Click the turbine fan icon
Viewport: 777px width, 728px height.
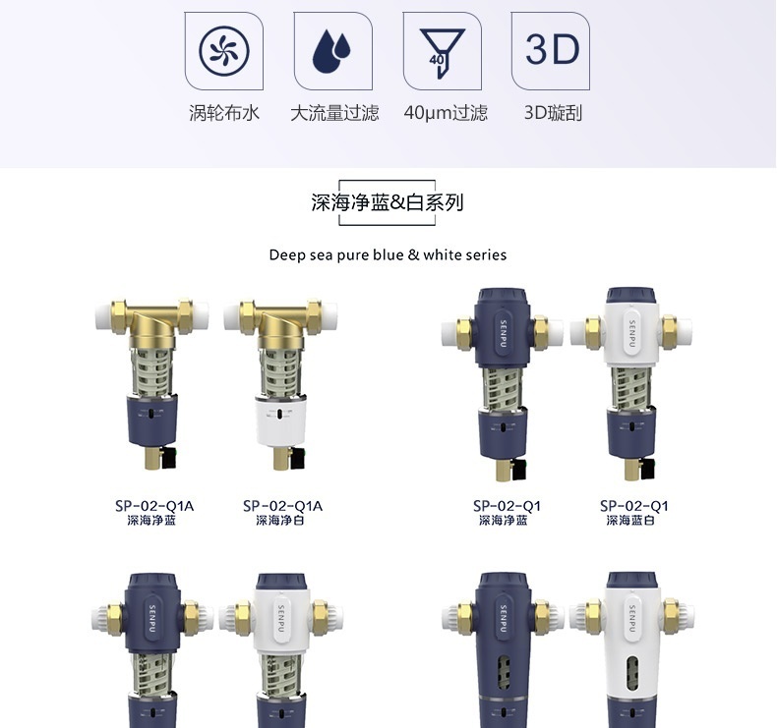click(x=224, y=50)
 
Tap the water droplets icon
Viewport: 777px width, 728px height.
click(x=333, y=50)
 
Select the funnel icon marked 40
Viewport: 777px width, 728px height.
click(x=442, y=50)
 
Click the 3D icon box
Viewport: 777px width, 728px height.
click(x=551, y=50)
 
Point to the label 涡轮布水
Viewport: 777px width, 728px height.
click(x=224, y=113)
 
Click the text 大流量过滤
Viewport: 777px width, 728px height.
click(x=333, y=113)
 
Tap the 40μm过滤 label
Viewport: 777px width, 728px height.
click(x=445, y=113)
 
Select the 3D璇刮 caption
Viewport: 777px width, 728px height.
click(x=553, y=113)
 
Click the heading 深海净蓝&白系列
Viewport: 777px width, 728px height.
click(x=387, y=203)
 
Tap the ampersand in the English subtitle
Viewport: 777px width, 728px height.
click(x=413, y=255)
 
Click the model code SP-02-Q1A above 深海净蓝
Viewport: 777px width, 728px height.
click(x=154, y=506)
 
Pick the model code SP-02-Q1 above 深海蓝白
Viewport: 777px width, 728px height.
click(x=634, y=506)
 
